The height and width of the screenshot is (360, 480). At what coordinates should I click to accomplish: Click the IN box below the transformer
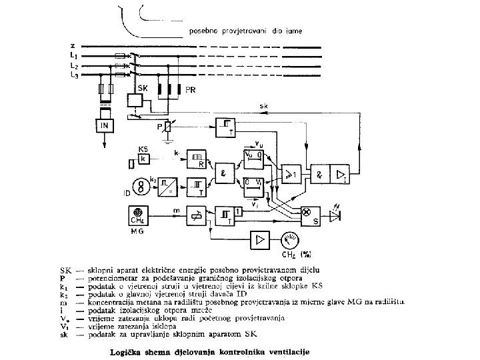103,125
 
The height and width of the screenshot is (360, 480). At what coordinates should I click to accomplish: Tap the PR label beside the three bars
190,89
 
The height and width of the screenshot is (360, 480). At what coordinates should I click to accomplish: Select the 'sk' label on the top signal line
264,106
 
